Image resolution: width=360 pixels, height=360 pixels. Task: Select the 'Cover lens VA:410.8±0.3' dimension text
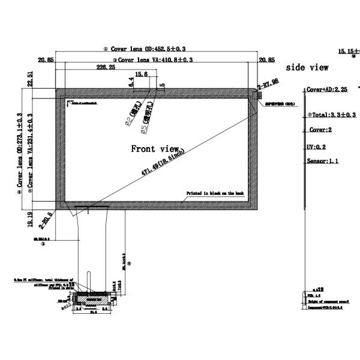pos(155,60)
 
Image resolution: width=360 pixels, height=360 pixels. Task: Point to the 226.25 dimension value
pos(106,68)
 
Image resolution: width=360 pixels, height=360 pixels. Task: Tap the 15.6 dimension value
pos(142,74)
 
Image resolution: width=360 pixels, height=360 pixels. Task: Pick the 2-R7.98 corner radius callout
pos(268,82)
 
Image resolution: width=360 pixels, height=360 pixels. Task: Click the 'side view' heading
pos(307,68)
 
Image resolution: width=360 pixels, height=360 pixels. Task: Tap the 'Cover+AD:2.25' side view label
pos(328,89)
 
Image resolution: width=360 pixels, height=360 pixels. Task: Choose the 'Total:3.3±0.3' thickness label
pos(332,115)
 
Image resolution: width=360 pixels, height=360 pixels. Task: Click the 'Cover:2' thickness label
pos(321,130)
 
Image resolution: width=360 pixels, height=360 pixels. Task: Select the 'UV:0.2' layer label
pos(316,146)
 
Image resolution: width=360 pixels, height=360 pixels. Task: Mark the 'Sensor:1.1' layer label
pos(323,161)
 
